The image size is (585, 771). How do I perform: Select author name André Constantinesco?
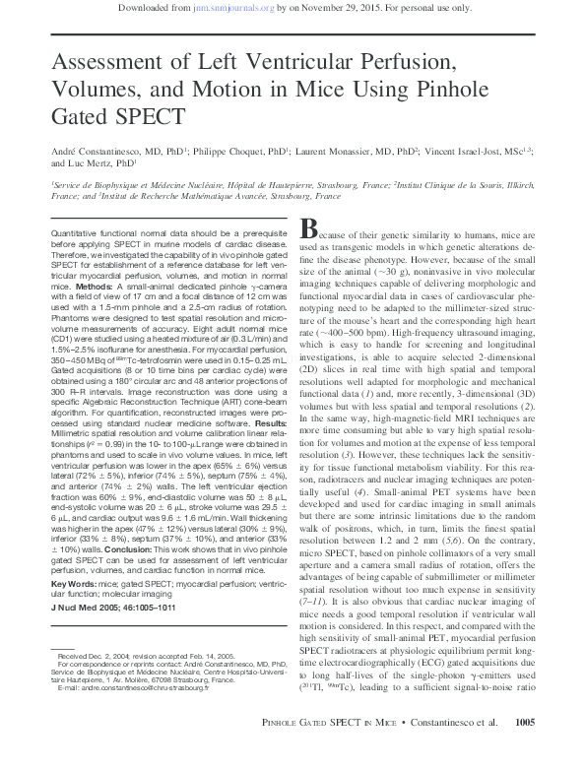[104, 153]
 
